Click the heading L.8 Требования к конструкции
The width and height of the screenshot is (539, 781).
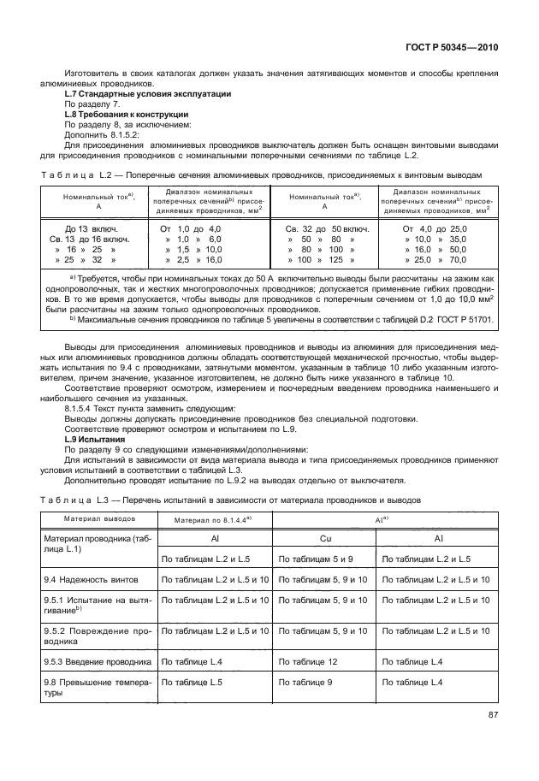pyautogui.click(x=127, y=114)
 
